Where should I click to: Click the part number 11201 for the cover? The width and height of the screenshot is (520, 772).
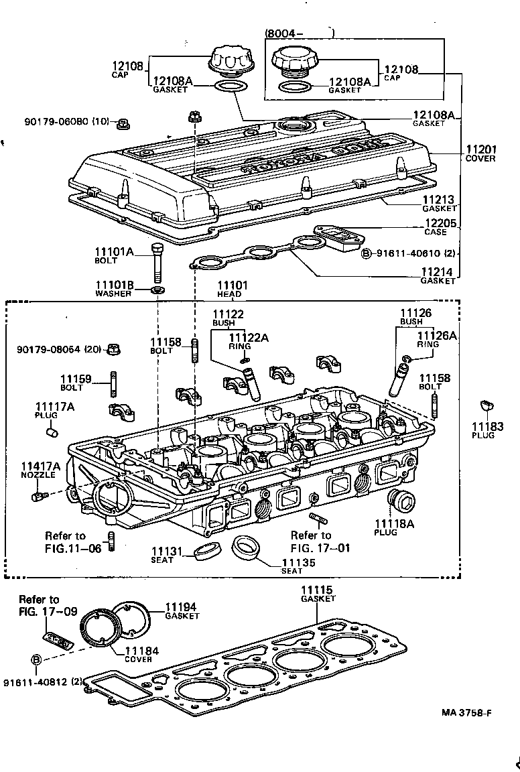(x=481, y=149)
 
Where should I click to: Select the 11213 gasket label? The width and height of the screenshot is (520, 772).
(x=439, y=200)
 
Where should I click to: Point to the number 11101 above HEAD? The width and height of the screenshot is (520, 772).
(x=232, y=285)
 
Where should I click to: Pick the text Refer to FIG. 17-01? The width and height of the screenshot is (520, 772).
(x=311, y=541)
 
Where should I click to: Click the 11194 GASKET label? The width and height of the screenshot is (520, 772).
(x=182, y=610)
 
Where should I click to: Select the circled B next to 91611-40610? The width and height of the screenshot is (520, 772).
(x=367, y=253)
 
